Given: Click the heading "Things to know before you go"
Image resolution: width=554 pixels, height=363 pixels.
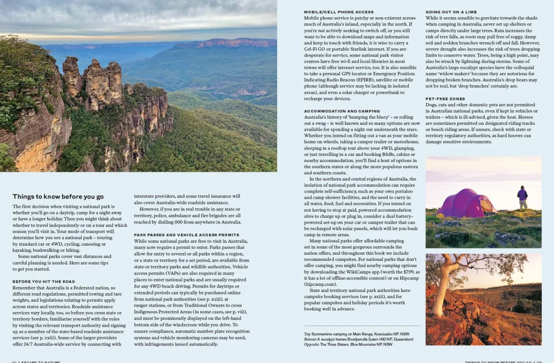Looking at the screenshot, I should coord(58,197).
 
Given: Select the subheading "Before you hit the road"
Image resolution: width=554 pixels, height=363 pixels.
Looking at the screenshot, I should coord(43,281).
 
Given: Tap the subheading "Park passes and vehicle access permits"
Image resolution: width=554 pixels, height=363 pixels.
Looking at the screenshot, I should coord(186,235).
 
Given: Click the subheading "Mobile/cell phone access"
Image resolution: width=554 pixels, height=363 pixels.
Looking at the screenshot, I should coord(339,12).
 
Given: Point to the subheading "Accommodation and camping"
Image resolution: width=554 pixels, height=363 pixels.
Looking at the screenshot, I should coord(342,111).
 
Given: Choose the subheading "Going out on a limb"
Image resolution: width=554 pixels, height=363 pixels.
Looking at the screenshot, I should coord(451,12).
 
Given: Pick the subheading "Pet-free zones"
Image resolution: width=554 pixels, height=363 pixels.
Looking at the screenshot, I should coord(445,99).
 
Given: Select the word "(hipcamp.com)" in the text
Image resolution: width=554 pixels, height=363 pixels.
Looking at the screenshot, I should coord(320,284).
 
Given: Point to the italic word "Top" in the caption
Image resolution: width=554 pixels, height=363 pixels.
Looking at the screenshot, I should coord(308,334).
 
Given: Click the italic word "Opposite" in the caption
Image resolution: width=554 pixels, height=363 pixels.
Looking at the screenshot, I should coord(311,344).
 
